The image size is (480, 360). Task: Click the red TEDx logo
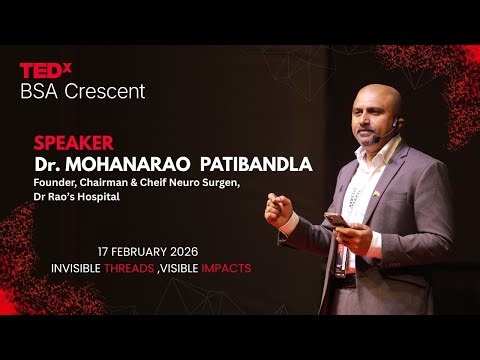(45, 70)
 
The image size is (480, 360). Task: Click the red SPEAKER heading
(73, 142)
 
